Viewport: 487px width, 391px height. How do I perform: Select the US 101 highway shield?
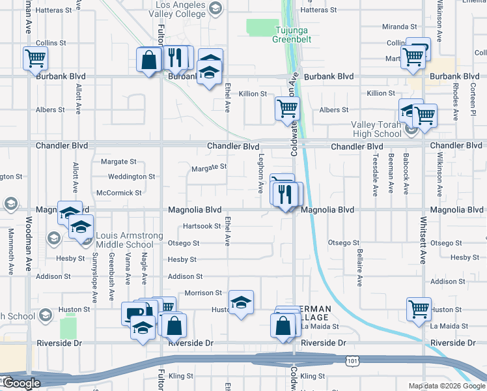352,360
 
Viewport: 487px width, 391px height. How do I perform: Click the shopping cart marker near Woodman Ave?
35,58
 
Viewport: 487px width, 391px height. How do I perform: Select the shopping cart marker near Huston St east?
419,309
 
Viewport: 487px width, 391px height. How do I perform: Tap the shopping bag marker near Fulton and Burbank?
149,60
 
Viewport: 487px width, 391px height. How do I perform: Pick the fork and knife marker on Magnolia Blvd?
283,194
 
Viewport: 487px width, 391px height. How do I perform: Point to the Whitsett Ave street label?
423,240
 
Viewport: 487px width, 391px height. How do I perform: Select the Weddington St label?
131,177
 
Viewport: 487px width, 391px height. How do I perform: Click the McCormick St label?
118,193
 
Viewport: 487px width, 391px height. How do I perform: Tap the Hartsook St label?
202,226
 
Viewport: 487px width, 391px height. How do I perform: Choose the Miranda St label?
400,27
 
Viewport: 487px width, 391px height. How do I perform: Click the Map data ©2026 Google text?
446,386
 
